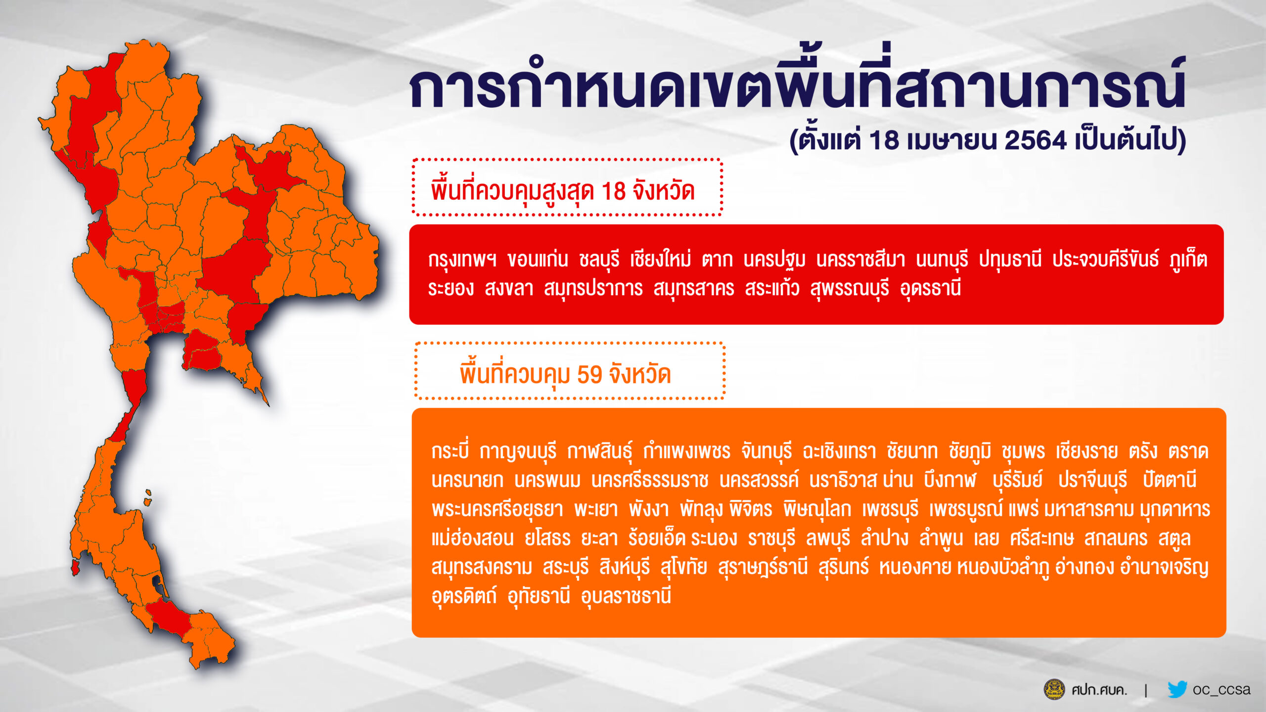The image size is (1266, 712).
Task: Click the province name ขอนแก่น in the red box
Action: pyautogui.click(x=538, y=259)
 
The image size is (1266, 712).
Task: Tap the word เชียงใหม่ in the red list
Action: pyautogui.click(x=660, y=259)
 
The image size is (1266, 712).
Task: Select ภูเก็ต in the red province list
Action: pyautogui.click(x=1188, y=259)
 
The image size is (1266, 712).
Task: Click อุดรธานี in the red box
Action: pyautogui.click(x=930, y=288)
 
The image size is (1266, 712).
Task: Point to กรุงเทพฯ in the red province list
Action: pyautogui.click(x=462, y=259)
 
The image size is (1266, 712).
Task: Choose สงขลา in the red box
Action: pyautogui.click(x=509, y=288)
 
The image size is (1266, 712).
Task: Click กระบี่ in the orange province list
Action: pyautogui.click(x=450, y=451)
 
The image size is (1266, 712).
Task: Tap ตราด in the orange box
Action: pyautogui.click(x=1188, y=451)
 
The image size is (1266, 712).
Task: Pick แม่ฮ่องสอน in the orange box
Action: pyautogui.click(x=472, y=538)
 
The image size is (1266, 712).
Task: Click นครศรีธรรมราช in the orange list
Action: pyautogui.click(x=650, y=480)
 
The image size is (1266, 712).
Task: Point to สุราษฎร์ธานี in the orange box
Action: pyautogui.click(x=763, y=567)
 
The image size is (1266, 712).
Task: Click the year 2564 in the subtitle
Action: pyautogui.click(x=1035, y=140)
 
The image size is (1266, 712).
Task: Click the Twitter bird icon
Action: pyautogui.click(x=1177, y=689)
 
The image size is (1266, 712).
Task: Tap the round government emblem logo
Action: pyautogui.click(x=1054, y=689)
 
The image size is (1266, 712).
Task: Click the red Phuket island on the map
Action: pyautogui.click(x=75, y=568)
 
